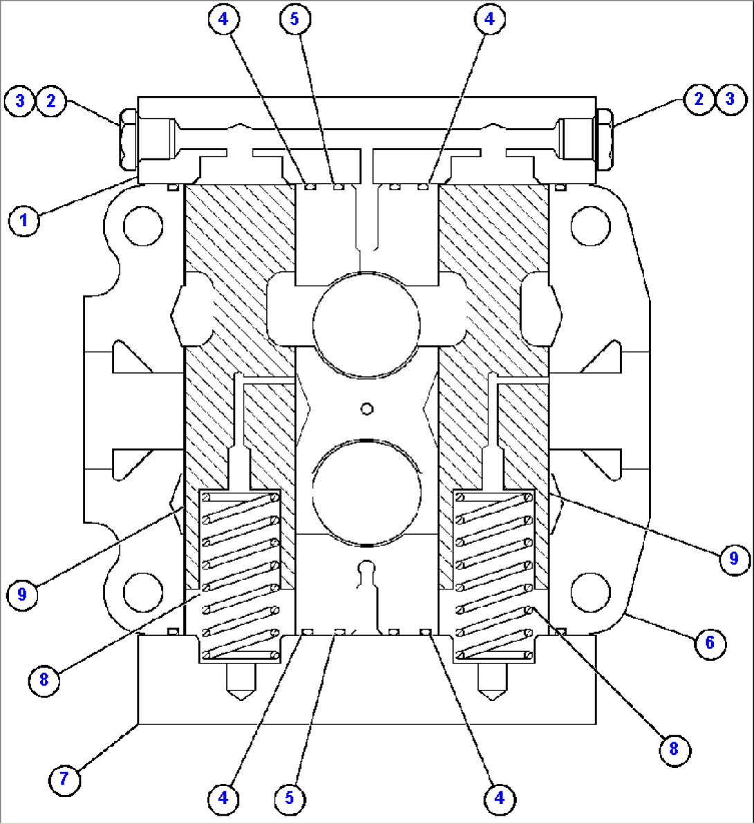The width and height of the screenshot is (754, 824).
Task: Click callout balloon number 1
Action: (24, 219)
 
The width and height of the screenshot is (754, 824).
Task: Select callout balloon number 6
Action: (710, 642)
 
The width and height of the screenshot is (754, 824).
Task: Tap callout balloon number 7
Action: (64, 778)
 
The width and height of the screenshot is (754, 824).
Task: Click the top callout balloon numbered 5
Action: (294, 19)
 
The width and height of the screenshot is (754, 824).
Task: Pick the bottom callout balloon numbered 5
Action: (290, 798)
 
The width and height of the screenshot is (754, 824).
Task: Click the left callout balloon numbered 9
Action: (22, 594)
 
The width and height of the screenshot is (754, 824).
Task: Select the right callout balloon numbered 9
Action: (733, 558)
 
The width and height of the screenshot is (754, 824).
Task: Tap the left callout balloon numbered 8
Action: (44, 680)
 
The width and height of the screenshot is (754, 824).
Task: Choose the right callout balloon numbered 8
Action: (674, 749)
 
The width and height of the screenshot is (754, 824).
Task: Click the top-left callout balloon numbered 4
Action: (223, 19)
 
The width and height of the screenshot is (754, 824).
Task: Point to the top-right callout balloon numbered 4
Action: (489, 19)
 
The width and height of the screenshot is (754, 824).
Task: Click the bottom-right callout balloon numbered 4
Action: (499, 798)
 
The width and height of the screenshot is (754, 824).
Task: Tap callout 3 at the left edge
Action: (20, 100)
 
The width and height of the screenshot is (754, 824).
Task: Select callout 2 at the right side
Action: (699, 99)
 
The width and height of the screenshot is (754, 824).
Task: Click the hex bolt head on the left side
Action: (129, 139)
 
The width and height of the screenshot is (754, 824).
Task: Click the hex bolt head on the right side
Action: (605, 139)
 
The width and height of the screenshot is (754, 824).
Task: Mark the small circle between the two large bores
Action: (367, 408)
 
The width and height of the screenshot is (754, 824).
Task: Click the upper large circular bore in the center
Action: (366, 324)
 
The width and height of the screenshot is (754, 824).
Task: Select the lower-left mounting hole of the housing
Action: (143, 592)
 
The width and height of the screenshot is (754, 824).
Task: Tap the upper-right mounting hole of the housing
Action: (591, 226)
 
